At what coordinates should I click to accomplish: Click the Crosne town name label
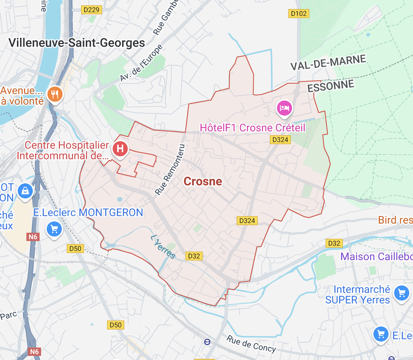click(x=203, y=182)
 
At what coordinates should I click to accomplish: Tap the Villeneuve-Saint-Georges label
click(x=76, y=43)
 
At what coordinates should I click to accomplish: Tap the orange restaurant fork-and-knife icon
click(x=55, y=94)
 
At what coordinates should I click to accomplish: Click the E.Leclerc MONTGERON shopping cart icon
click(x=54, y=228)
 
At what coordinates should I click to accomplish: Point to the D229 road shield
click(x=92, y=10)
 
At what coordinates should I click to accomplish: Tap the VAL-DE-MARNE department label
click(x=328, y=63)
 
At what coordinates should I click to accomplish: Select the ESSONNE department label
click(x=331, y=86)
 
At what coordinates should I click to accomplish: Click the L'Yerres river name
click(x=163, y=247)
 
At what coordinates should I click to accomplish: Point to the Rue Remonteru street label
click(x=170, y=169)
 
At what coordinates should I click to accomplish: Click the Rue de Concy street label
click(x=251, y=343)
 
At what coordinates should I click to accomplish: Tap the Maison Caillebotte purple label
click(x=376, y=257)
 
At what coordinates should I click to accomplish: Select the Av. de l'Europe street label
click(x=142, y=63)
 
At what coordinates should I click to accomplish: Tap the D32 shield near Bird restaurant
click(x=334, y=243)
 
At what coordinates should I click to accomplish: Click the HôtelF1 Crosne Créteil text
click(x=252, y=128)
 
